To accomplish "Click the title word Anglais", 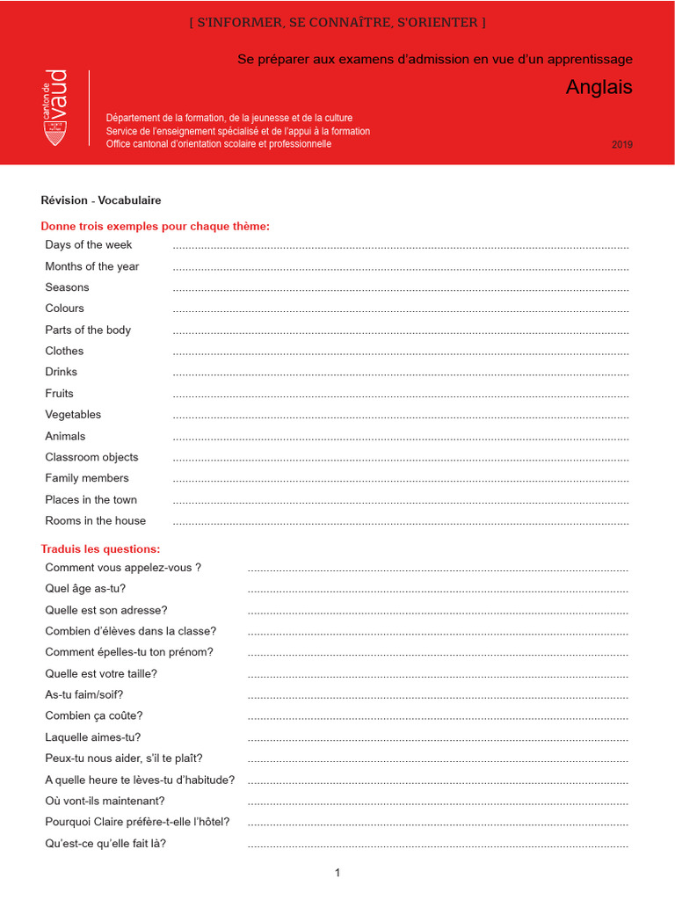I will tap(599, 88).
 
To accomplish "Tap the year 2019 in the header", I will tap(621, 145).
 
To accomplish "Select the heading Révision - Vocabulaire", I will tap(101, 200).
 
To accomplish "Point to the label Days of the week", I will tap(89, 245).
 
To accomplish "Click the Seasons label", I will tap(67, 287).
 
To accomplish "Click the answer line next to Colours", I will tap(401, 311).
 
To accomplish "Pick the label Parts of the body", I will tap(88, 330).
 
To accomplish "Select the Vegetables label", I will tap(73, 415).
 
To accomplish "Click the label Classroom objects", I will tap(91, 457).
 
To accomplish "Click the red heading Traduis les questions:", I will tap(100, 549).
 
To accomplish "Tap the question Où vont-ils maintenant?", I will tap(105, 801).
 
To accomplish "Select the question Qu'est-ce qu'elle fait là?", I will tap(105, 844).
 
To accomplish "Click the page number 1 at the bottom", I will tap(337, 873).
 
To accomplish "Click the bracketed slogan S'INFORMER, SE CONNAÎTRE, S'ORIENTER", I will tap(337, 22).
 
